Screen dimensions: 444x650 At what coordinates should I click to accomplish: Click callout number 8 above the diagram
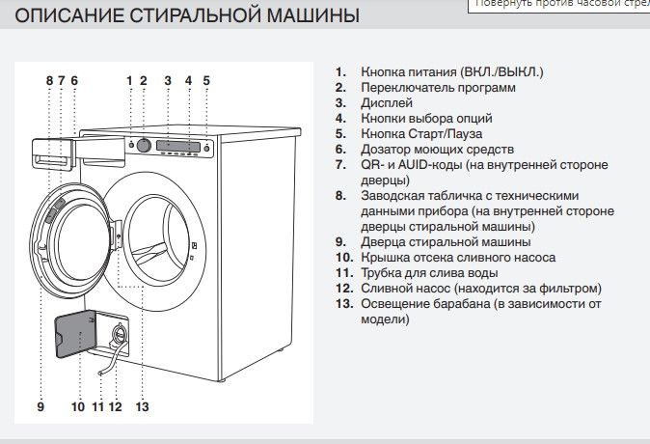tap(49, 80)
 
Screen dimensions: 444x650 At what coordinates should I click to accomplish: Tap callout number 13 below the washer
tap(142, 406)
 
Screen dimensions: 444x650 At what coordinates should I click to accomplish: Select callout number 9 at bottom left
tap(41, 406)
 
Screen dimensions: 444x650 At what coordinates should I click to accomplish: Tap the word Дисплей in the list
tap(387, 102)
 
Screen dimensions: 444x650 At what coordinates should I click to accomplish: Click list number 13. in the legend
tap(344, 304)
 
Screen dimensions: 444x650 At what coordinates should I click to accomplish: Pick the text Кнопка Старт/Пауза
tap(421, 133)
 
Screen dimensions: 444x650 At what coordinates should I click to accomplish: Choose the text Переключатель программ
tap(438, 87)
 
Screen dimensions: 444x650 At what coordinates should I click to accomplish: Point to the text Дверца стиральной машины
tap(446, 242)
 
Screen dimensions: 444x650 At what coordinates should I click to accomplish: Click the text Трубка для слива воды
tap(430, 273)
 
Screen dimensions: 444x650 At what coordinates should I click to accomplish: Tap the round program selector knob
tap(143, 145)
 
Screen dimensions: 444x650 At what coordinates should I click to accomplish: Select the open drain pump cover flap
tap(73, 339)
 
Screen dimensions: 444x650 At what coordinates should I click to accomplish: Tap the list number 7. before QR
tap(340, 165)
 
